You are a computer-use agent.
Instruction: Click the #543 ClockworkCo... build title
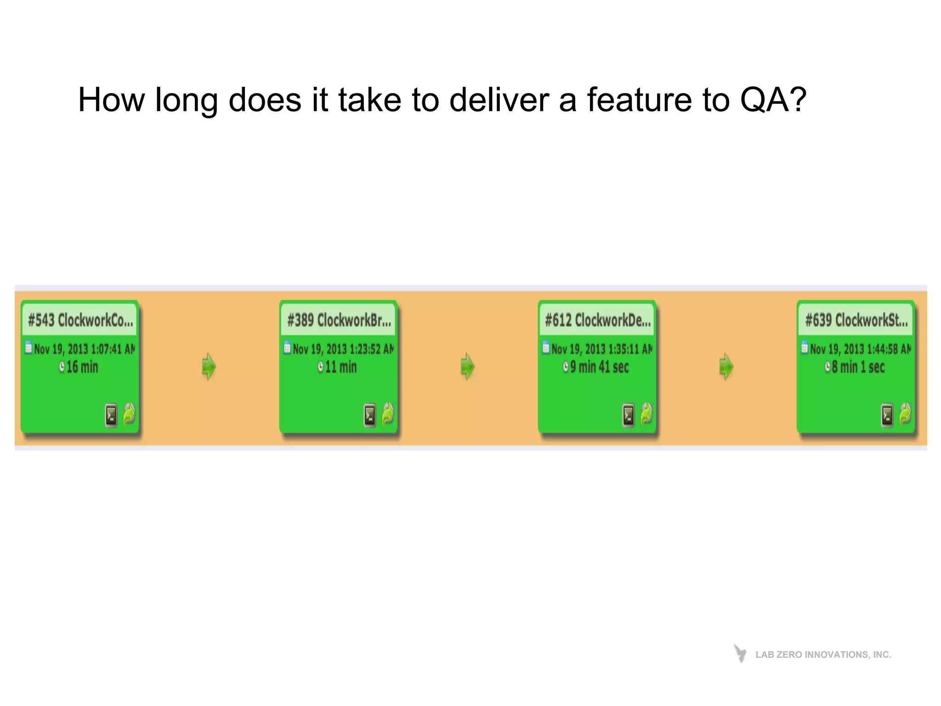80,320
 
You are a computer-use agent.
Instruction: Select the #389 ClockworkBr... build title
339,320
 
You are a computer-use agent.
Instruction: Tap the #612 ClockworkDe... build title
598,320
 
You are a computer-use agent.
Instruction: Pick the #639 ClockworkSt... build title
856,320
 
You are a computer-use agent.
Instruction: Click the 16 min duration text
82,367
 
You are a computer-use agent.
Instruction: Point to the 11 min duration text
341,367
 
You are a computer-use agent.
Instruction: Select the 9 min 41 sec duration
599,367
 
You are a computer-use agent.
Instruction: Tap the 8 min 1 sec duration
858,367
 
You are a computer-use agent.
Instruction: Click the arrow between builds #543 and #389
209,366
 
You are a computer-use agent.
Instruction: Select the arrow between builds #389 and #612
468,366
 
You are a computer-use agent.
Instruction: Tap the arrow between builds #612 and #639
726,366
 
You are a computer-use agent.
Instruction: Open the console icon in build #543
111,415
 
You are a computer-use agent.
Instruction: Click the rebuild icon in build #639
905,414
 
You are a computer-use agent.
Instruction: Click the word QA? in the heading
773,100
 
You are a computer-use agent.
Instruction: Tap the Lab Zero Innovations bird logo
740,653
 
